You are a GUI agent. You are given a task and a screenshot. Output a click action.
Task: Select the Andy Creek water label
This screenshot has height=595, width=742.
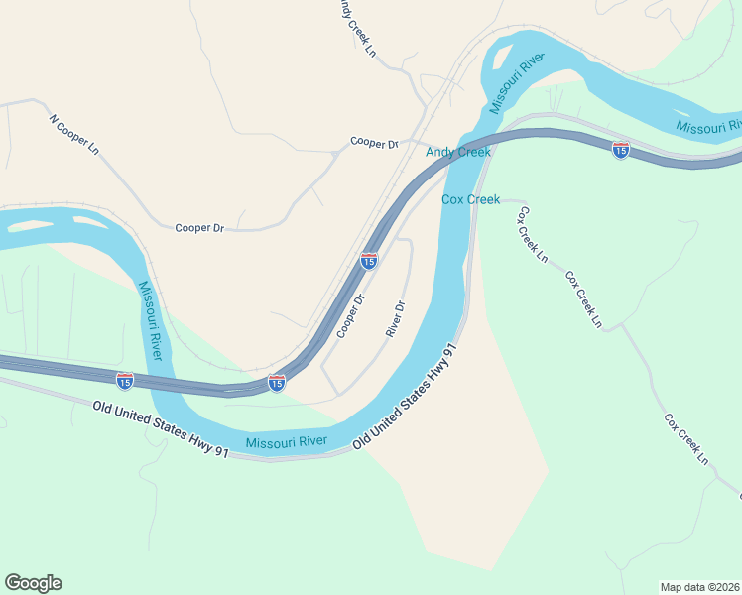[x=458, y=152]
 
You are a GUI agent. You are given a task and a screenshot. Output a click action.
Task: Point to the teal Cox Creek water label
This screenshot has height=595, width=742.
[x=470, y=199]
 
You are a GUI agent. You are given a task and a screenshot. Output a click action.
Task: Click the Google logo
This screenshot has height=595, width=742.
[x=33, y=583]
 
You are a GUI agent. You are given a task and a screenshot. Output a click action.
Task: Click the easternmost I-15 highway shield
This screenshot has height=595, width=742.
[x=620, y=150]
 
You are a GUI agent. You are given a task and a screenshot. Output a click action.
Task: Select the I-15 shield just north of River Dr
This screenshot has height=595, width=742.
[x=368, y=261]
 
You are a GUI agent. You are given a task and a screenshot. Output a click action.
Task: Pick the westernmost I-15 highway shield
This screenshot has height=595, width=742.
[x=124, y=380]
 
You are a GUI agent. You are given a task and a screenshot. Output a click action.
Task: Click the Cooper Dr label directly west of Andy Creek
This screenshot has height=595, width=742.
[x=373, y=143]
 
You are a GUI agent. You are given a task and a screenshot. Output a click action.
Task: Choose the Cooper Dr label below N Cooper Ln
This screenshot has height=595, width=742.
[x=199, y=228]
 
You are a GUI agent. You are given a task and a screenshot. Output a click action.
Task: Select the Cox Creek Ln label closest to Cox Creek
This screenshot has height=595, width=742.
[x=532, y=234]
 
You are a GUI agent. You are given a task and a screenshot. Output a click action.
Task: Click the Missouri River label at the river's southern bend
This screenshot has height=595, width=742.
[x=285, y=442]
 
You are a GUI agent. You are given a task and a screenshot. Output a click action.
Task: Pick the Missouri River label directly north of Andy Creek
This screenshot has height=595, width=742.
[x=517, y=81]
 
